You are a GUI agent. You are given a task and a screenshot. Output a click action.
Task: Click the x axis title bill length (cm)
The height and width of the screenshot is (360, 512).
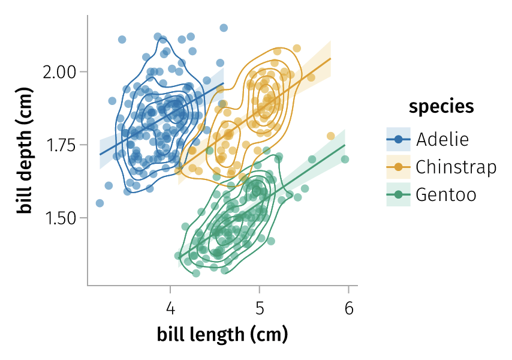pos(222,334)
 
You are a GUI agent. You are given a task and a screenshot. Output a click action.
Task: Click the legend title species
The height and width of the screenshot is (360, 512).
pos(441,107)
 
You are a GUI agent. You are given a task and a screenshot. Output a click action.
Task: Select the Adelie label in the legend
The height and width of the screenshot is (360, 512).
pos(442,139)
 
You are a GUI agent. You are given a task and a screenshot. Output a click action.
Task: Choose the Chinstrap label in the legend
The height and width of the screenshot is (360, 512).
pos(456,167)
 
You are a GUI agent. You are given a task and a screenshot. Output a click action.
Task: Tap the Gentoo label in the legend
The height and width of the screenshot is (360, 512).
pos(445,194)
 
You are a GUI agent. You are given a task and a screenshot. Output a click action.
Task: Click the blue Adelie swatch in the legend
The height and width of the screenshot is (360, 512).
pos(398,139)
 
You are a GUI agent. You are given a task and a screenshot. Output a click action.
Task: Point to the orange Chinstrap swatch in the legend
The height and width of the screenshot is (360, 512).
pos(398,167)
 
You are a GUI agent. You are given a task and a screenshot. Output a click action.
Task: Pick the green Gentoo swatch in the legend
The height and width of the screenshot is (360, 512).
pos(398,194)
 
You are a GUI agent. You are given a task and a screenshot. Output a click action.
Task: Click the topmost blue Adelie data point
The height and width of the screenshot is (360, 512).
pos(224,28)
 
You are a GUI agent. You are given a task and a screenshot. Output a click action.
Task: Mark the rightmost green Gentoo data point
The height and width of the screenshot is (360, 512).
pos(345,159)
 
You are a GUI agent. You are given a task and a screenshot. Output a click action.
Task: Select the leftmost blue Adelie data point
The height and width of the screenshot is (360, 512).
pos(100,203)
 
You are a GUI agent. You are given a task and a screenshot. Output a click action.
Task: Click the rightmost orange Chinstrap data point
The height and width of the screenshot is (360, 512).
pos(330,136)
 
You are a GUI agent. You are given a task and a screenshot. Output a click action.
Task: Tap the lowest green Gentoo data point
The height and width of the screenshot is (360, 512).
pos(196,274)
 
